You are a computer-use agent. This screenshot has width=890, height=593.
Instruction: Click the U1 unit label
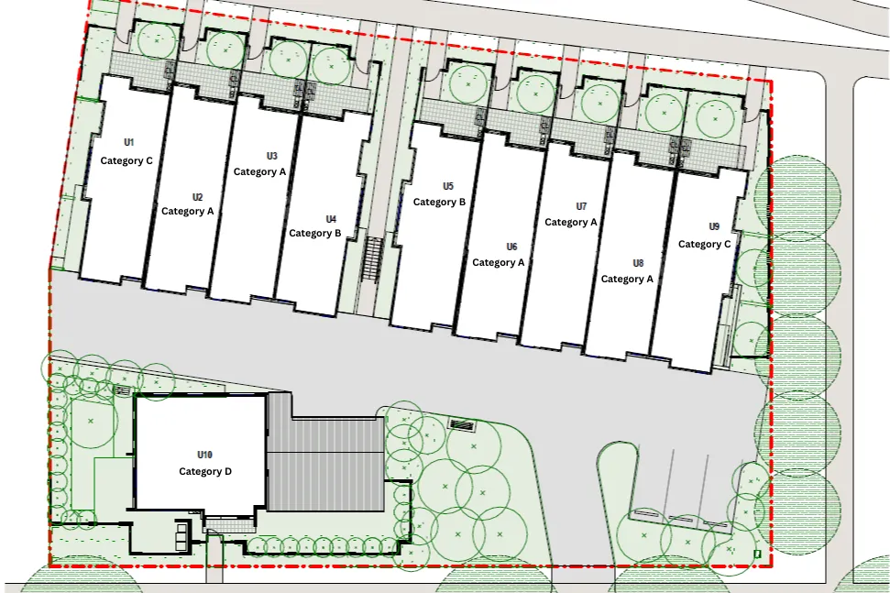pos(129,142)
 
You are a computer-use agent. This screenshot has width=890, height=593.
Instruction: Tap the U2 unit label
pos(197,197)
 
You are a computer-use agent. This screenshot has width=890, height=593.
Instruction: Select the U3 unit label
pos(272,156)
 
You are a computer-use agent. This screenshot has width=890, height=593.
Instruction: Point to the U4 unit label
pos(331,219)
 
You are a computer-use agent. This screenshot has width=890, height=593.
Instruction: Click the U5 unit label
pos(448,186)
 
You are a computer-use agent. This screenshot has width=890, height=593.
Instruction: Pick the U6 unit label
pos(512,247)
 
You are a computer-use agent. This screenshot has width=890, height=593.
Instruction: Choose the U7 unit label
pos(581,206)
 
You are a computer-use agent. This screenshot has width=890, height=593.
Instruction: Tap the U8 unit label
pos(638,263)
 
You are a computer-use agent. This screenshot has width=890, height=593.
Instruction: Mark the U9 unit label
pos(714,227)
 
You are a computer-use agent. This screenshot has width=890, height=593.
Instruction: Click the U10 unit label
pos(205,456)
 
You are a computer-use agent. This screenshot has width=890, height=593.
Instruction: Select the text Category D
pos(205,472)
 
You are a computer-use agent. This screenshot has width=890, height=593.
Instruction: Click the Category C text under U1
pos(126,161)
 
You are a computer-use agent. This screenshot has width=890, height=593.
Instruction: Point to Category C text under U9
pos(705,245)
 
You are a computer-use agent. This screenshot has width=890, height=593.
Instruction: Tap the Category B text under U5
pos(439,203)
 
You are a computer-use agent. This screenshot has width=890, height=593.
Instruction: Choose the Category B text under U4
pos(315,233)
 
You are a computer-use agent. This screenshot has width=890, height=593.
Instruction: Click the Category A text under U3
pos(260,172)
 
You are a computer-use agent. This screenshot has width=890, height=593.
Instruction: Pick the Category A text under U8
pos(627,280)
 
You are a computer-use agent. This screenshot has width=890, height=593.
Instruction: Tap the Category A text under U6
pos(499,263)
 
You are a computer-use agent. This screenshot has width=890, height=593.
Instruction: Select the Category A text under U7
pos(571,223)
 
